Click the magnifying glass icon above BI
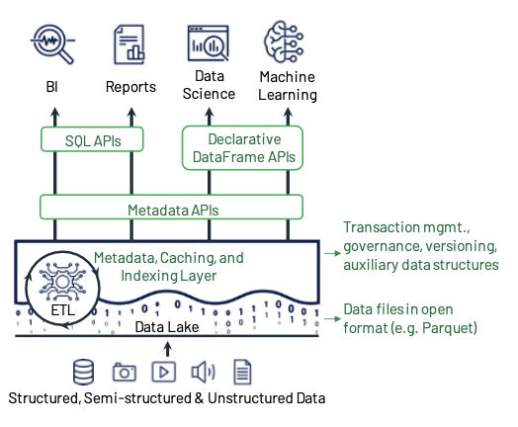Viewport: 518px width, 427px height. (52, 43)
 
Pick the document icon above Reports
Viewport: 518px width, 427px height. (129, 44)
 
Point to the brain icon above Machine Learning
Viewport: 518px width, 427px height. (284, 42)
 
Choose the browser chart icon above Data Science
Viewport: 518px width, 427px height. (209, 43)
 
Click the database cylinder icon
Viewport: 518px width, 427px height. (83, 372)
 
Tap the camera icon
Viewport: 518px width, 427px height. (125, 373)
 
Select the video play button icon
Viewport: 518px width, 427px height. (164, 372)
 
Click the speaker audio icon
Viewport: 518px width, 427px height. (204, 372)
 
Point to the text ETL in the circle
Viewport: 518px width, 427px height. (62, 310)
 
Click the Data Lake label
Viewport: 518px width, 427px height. (167, 327)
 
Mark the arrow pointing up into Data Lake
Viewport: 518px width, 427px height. (168, 349)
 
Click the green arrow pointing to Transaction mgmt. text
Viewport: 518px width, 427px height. (332, 253)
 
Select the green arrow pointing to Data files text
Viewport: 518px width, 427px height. (332, 318)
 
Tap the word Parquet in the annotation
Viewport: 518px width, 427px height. (448, 328)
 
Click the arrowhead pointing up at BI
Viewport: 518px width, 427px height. (55, 113)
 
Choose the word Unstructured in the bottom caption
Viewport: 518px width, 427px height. (251, 398)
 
